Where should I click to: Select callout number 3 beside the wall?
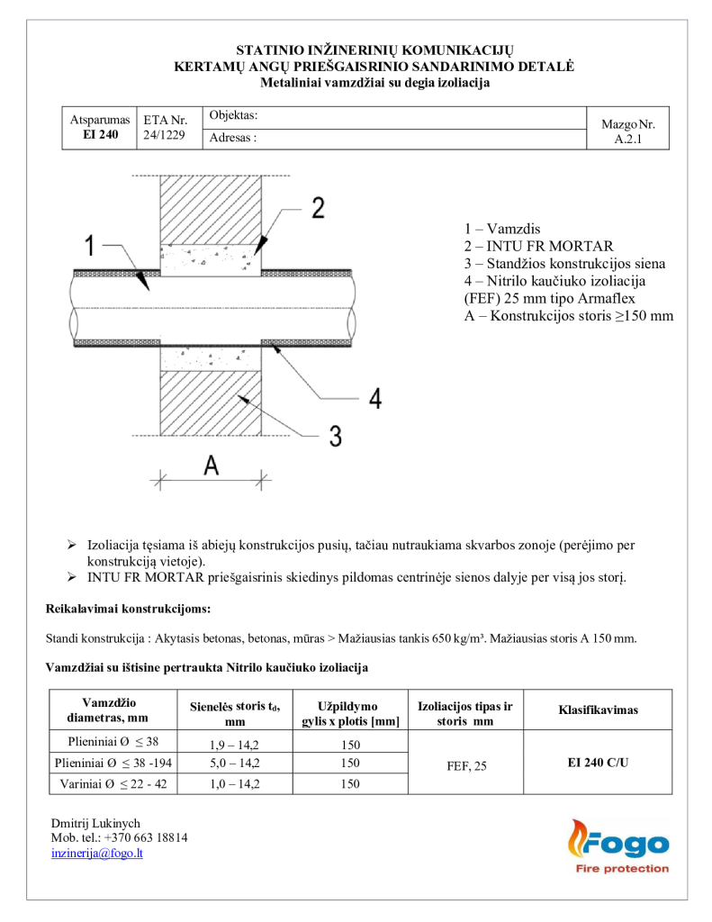(334, 436)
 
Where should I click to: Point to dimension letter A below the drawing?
(211, 466)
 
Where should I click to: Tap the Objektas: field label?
(233, 116)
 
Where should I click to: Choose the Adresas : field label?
(233, 139)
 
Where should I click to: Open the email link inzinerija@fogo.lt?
(97, 854)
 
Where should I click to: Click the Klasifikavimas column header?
(598, 710)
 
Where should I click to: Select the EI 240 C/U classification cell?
(598, 762)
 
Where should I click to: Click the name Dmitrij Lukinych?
(96, 823)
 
